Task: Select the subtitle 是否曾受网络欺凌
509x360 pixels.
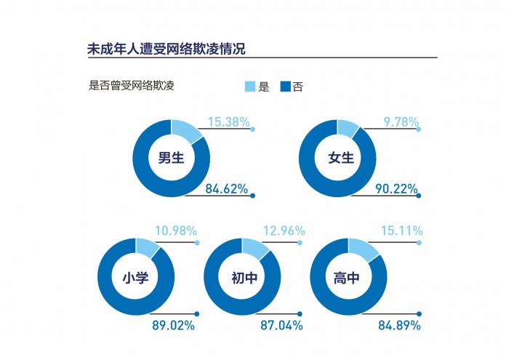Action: [x=131, y=85]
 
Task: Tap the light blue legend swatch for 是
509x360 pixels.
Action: [x=250, y=87]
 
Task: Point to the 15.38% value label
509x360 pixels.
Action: [x=228, y=122]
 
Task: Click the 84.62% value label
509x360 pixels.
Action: [x=228, y=189]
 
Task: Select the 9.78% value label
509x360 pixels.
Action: [x=401, y=122]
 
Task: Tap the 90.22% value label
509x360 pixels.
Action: [x=396, y=189]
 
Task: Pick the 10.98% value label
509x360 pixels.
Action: [x=175, y=231]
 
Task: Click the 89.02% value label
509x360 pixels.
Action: [x=173, y=325]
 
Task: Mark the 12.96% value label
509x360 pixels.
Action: [x=283, y=231]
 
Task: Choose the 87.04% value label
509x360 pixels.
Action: [x=281, y=325]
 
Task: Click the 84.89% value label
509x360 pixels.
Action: [x=399, y=325]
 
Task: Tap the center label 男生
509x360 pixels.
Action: [x=172, y=158]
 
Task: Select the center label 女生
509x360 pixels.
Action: [x=339, y=158]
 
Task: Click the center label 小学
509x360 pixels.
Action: [x=136, y=277]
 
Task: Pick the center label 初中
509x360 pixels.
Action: [x=243, y=277]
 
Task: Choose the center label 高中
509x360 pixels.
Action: [x=349, y=277]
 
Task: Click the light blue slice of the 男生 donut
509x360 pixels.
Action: [x=188, y=131]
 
